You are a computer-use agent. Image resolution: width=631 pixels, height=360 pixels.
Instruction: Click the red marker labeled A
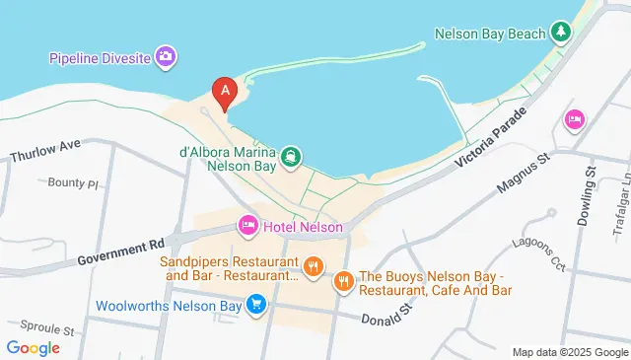[225, 92]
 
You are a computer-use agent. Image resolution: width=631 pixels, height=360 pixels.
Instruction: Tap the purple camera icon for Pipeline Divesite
[166, 56]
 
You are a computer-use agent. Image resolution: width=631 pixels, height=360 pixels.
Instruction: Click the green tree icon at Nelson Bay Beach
[561, 33]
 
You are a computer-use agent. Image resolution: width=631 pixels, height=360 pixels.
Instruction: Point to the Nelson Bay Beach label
[490, 34]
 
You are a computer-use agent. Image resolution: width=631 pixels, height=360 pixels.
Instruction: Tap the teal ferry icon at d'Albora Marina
[291, 155]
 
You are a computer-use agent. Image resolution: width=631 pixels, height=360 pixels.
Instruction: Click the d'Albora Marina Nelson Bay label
[228, 160]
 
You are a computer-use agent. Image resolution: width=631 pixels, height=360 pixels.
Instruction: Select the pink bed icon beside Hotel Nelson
[246, 227]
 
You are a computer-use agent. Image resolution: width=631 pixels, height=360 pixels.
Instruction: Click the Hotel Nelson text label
[303, 228]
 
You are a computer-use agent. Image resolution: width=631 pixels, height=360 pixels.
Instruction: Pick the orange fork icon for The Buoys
[343, 281]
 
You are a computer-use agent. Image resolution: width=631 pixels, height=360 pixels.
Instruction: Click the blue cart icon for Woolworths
[256, 305]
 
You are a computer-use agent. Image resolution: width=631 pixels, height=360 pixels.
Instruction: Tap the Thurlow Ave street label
[44, 151]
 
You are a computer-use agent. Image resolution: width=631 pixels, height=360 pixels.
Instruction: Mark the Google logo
[33, 347]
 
